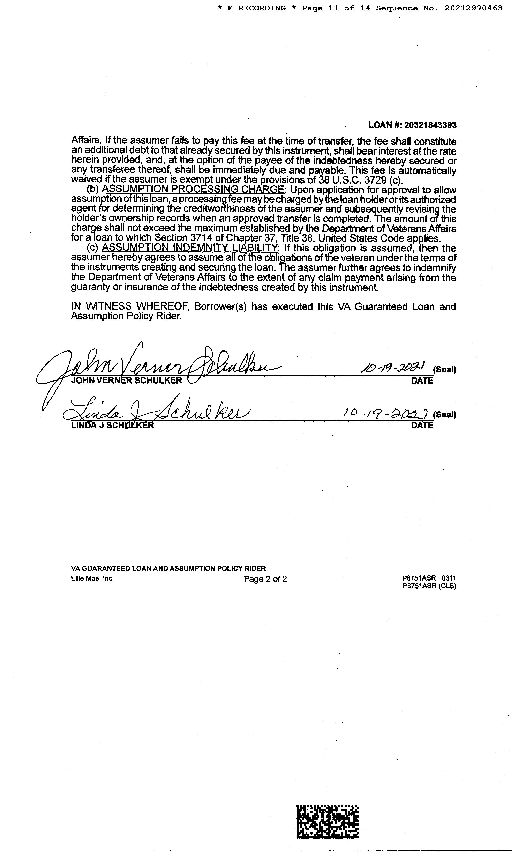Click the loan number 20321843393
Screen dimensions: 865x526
pos(430,125)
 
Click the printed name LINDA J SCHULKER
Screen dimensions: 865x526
pos(112,425)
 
